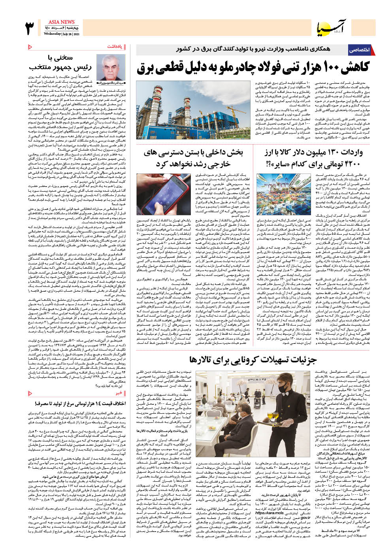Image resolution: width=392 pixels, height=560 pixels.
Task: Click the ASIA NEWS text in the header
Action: [x=61, y=22]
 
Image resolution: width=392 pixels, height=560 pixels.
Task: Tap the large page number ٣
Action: [x=30, y=28]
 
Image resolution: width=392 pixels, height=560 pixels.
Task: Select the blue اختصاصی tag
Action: [x=359, y=50]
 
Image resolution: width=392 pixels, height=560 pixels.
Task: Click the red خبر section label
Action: [x=119, y=393]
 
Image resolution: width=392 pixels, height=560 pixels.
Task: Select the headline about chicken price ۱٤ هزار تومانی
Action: [x=81, y=404]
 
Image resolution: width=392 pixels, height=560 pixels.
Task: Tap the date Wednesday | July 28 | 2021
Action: [x=62, y=34]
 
